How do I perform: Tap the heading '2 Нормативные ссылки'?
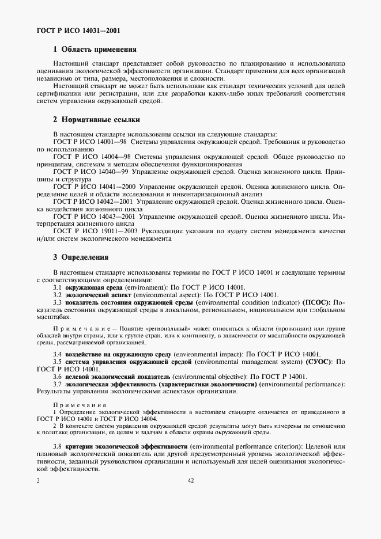tap(96, 120)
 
